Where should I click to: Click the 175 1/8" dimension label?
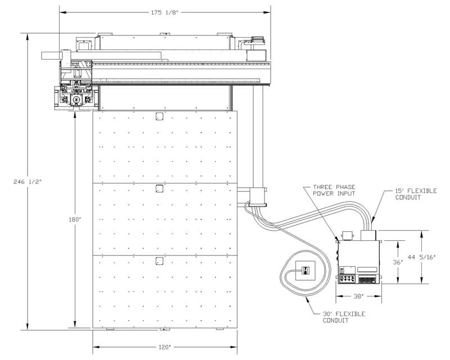165,12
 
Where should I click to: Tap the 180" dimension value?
75,220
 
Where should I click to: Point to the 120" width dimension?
165,348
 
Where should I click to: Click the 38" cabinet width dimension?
359,296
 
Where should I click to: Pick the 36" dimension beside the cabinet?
398,262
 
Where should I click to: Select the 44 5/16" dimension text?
422,257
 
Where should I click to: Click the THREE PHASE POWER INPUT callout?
334,190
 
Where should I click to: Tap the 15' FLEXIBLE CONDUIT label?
416,194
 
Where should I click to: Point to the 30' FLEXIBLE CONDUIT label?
344,317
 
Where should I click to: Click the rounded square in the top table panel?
159,116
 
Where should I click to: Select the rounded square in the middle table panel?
159,188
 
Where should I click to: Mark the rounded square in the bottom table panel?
159,261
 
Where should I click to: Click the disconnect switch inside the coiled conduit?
305,271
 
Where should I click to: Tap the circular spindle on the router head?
76,100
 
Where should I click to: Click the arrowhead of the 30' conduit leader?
306,299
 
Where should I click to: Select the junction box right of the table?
258,196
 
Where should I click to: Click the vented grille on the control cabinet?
367,280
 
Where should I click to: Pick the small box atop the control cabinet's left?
347,236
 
